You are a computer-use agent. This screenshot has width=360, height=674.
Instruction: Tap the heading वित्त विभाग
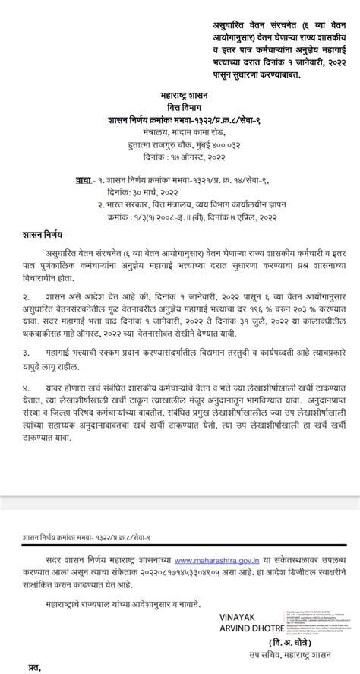(x=180, y=109)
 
